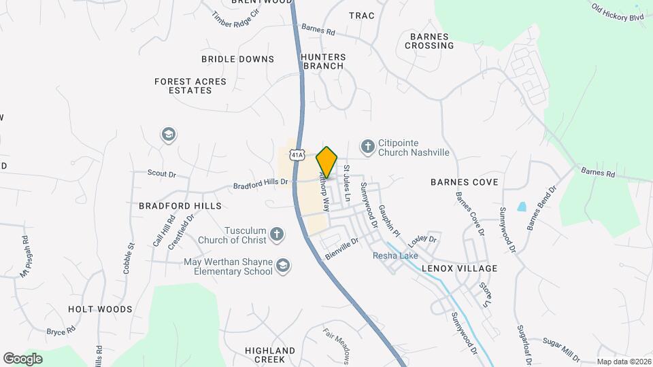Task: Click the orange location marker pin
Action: [327, 162]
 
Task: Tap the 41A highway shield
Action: [297, 156]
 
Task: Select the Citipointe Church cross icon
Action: [367, 147]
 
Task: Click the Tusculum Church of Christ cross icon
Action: [276, 234]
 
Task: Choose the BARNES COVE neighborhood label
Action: [465, 182]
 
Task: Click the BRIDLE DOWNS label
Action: [237, 59]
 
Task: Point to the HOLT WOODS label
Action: [100, 309]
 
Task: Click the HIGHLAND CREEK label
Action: [270, 355]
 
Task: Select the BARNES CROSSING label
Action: [429, 41]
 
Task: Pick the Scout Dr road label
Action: [162, 174]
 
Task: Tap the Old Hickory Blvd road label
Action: [617, 12]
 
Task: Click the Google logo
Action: [22, 359]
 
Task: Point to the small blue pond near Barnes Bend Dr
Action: [522, 206]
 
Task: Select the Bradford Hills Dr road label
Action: [261, 183]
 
